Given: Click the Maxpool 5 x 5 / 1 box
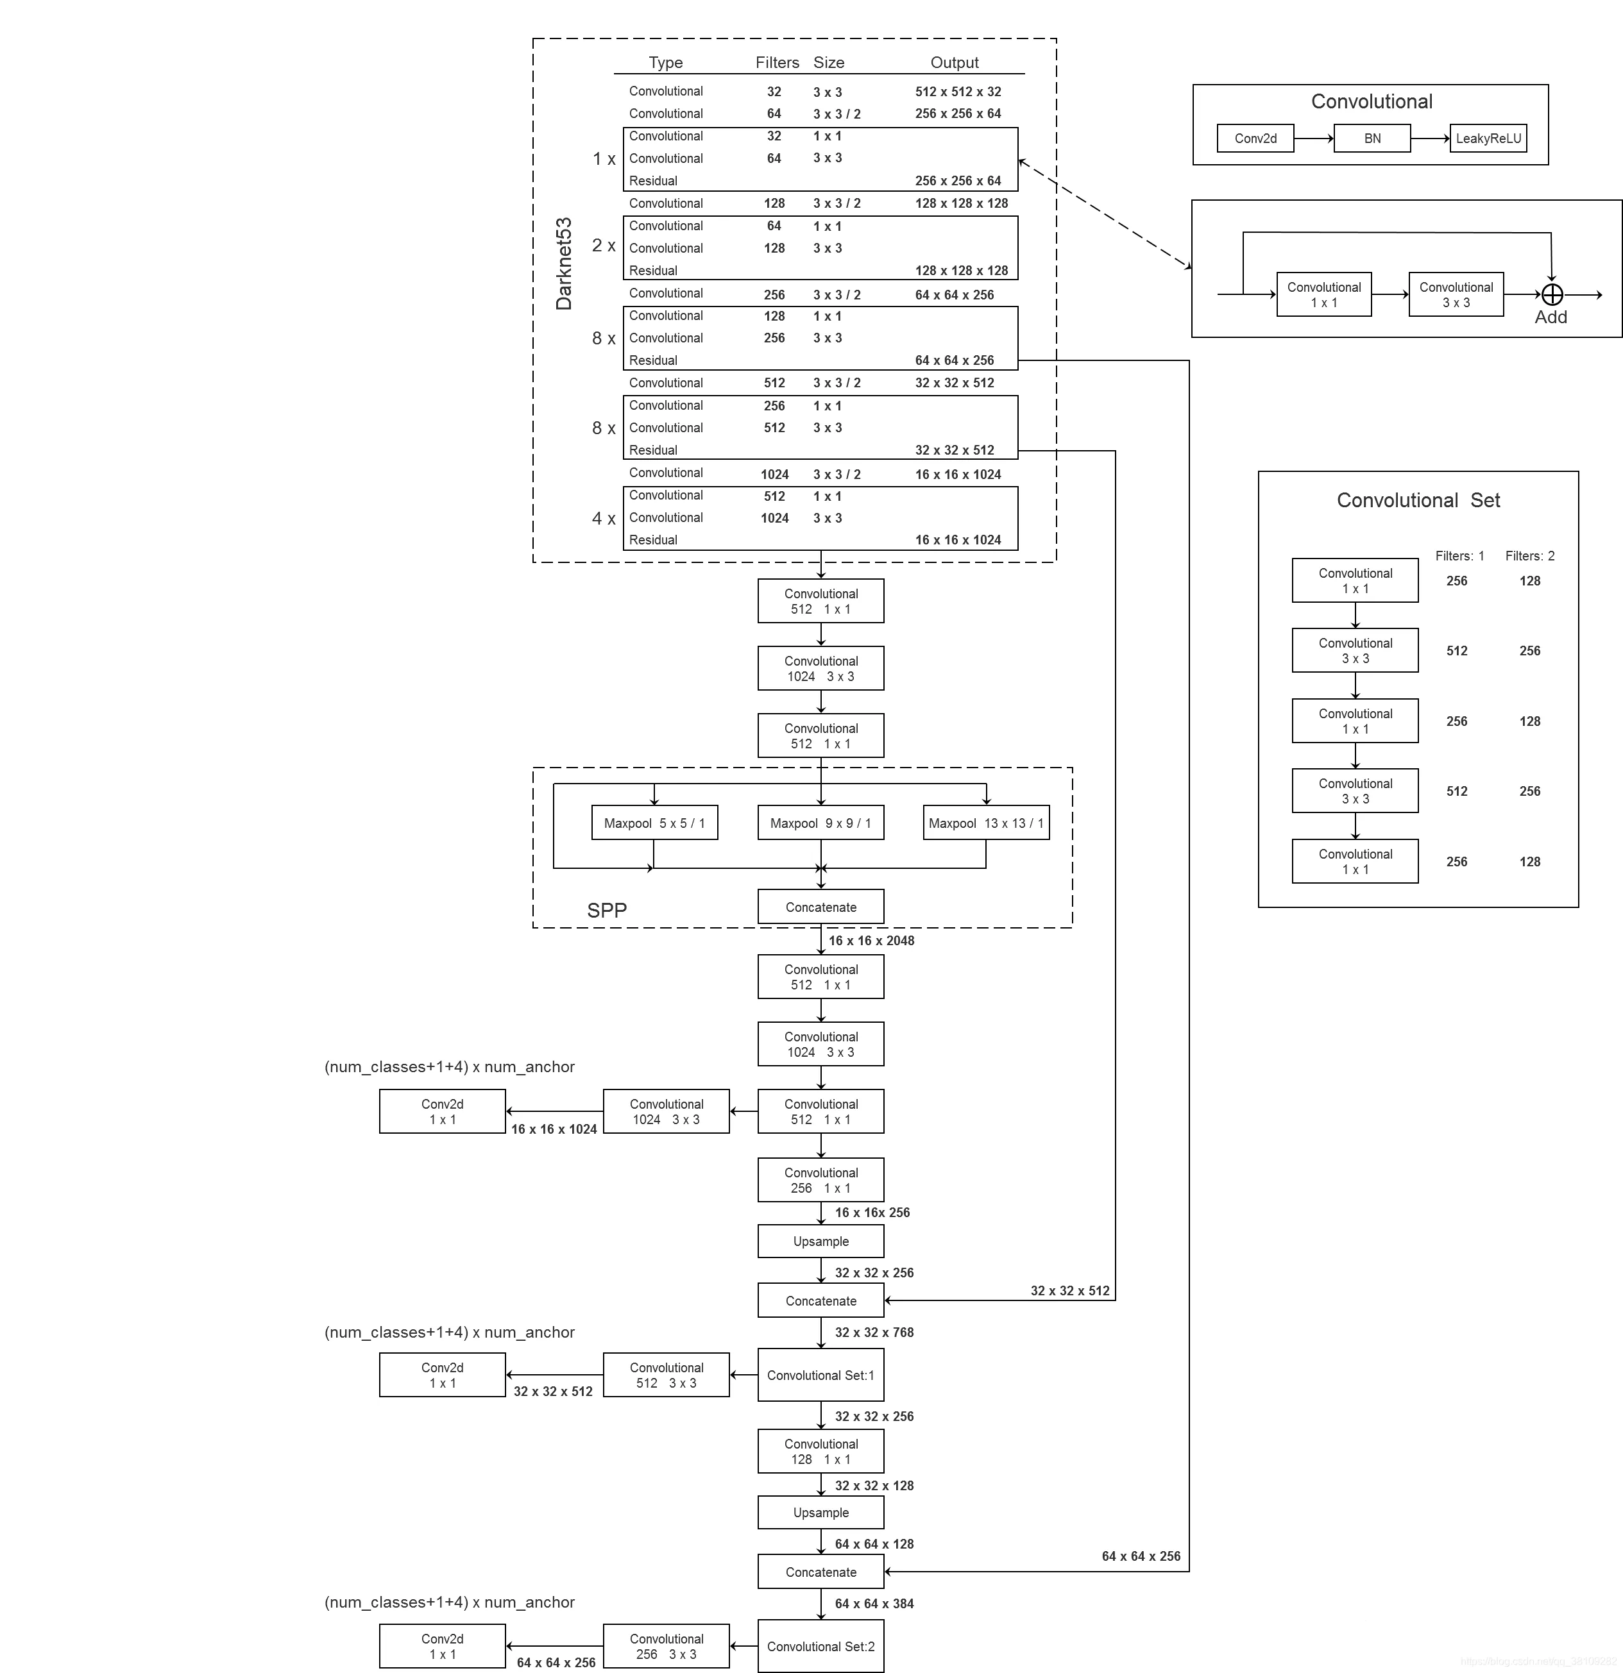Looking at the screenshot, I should click(654, 823).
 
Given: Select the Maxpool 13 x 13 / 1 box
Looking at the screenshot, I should click(985, 823).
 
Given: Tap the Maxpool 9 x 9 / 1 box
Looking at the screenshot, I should click(820, 823).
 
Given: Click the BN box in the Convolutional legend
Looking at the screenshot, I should click(1372, 139).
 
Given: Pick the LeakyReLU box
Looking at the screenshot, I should click(1488, 139).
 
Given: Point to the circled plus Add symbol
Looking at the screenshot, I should click(1551, 294).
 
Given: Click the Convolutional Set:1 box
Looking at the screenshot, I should click(820, 1375).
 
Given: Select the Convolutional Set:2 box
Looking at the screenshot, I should click(820, 1647).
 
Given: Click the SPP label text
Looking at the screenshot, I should click(606, 910).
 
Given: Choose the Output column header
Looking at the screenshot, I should click(954, 62).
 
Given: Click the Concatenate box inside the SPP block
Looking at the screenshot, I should click(820, 907).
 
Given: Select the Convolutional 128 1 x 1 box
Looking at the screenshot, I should click(820, 1451).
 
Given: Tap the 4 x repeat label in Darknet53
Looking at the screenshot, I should click(603, 518).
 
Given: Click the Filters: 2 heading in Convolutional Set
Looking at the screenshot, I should click(1529, 556).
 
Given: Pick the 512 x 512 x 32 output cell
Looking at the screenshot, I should click(958, 91).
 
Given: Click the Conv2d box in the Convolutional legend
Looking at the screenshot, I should click(1255, 139).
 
